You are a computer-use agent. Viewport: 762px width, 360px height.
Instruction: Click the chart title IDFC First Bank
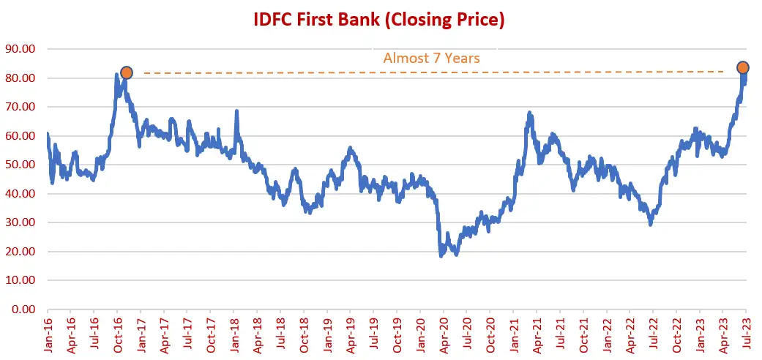379,20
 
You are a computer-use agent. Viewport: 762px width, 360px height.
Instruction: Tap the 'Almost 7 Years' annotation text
431,57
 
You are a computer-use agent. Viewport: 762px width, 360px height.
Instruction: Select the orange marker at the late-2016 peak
126,72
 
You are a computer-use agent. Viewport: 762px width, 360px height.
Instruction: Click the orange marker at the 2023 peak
742,67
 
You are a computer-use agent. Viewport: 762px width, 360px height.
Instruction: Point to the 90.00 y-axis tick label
22,49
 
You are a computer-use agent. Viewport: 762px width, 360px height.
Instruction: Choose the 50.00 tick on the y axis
22,165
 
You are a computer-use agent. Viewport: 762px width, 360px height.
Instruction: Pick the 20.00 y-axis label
22,251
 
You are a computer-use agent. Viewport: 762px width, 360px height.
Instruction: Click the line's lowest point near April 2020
441,255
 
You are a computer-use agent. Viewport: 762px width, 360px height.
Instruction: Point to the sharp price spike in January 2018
236,111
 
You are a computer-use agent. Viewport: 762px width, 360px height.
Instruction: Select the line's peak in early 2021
529,113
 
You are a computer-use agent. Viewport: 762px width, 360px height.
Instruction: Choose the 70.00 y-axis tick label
22,107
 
